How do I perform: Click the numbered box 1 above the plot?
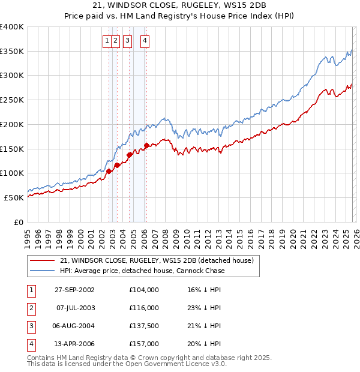(x=107, y=41)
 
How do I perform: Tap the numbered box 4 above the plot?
(x=145, y=41)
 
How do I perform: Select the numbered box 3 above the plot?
(x=127, y=41)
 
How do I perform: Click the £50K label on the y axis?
(x=14, y=197)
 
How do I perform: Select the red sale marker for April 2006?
(x=147, y=145)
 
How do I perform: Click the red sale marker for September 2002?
(x=109, y=171)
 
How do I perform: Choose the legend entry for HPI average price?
(x=142, y=271)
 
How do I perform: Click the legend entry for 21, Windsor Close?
(x=157, y=260)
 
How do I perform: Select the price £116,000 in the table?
(x=144, y=308)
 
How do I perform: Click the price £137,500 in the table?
(x=144, y=326)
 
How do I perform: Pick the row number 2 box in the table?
(x=30, y=308)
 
